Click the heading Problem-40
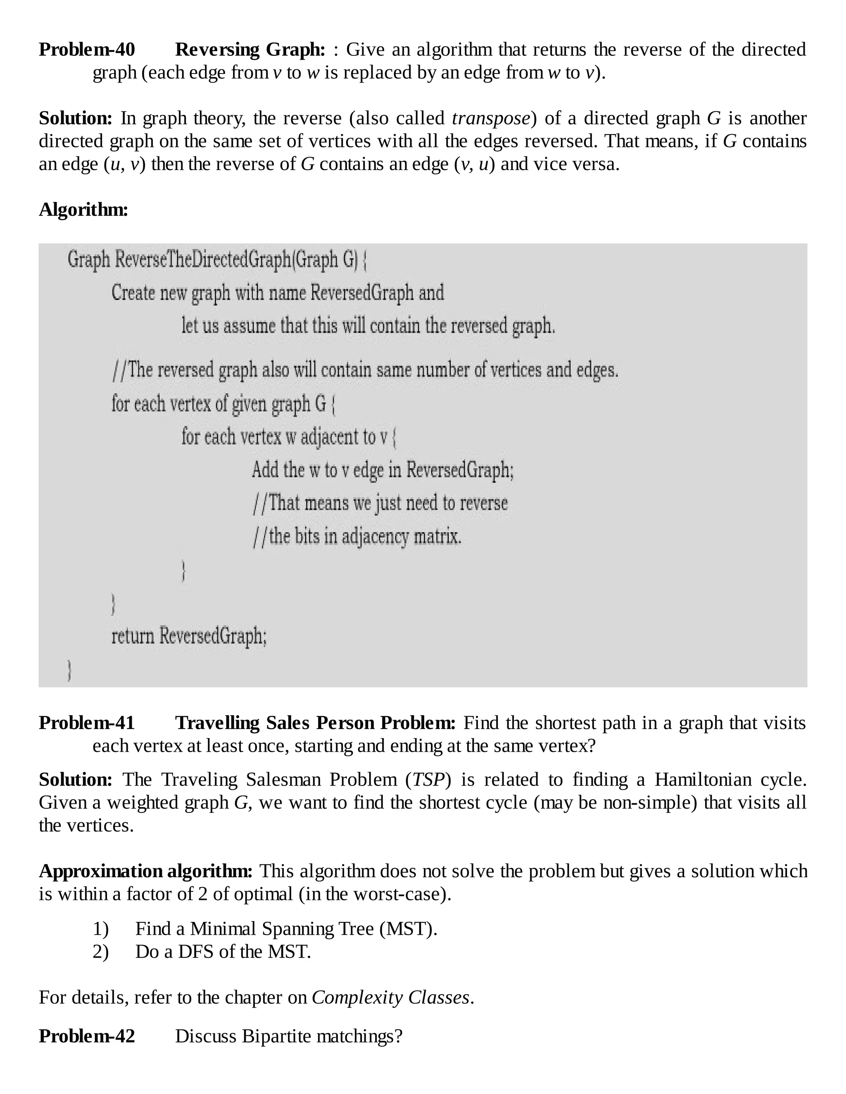click(87, 50)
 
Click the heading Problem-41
click(87, 723)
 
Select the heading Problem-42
click(87, 1036)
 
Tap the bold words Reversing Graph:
click(250, 50)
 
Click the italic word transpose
click(491, 118)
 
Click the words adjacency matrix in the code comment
click(402, 537)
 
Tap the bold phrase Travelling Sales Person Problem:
click(315, 723)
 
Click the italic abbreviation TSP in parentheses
click(428, 779)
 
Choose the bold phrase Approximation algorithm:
click(146, 871)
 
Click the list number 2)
click(100, 951)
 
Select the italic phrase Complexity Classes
click(390, 997)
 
